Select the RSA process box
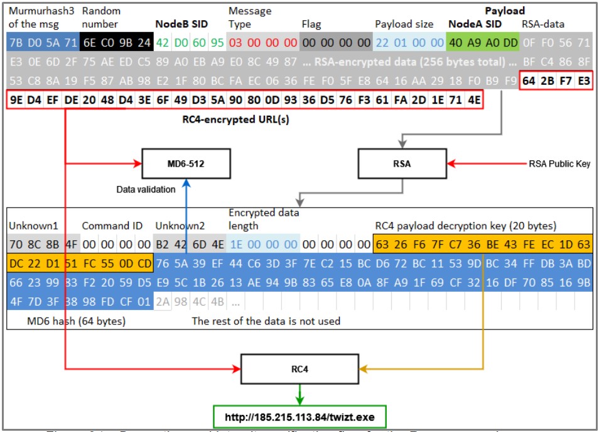(401, 163)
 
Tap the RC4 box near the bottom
(299, 369)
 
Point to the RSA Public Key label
(559, 164)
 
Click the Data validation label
(146, 189)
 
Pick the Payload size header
(404, 25)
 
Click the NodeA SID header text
(475, 25)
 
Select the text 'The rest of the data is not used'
(266, 321)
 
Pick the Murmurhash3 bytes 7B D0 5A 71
(43, 43)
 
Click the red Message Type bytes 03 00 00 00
(262, 43)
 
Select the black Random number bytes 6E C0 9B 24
(116, 43)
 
